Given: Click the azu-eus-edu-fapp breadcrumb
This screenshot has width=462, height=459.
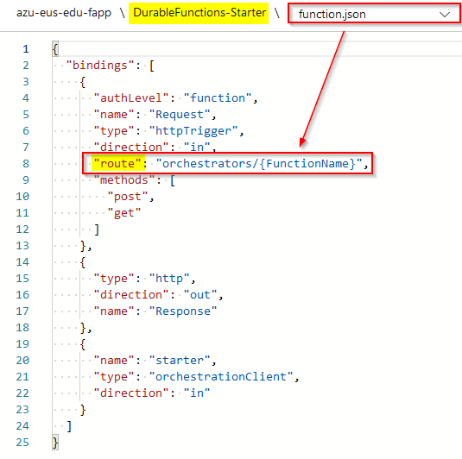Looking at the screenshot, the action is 64,13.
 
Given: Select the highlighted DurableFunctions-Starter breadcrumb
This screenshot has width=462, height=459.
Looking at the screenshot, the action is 199,13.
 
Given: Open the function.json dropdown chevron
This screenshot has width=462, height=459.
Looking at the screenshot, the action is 445,15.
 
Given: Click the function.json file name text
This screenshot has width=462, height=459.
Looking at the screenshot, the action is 332,14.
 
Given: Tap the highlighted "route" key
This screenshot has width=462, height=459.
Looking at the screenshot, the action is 118,163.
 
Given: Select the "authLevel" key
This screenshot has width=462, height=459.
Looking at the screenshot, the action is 131,97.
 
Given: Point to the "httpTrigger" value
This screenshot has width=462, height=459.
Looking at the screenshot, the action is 193,131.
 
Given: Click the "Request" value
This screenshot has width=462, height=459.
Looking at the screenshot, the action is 180,114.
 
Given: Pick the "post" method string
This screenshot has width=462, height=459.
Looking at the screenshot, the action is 128,197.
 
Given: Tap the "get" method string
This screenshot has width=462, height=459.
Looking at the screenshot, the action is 124,212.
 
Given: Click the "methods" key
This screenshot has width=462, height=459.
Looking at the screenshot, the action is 124,180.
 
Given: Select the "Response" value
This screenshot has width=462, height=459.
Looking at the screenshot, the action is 183,311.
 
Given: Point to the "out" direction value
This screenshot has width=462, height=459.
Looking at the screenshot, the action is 200,294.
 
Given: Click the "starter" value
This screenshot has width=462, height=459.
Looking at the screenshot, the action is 180,360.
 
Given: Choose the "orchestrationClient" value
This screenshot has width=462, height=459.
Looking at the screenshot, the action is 221,376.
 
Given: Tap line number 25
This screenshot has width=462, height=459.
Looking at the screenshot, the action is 22,443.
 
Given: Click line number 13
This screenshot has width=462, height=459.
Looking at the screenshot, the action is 22,246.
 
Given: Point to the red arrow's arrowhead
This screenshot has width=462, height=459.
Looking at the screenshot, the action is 302,141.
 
